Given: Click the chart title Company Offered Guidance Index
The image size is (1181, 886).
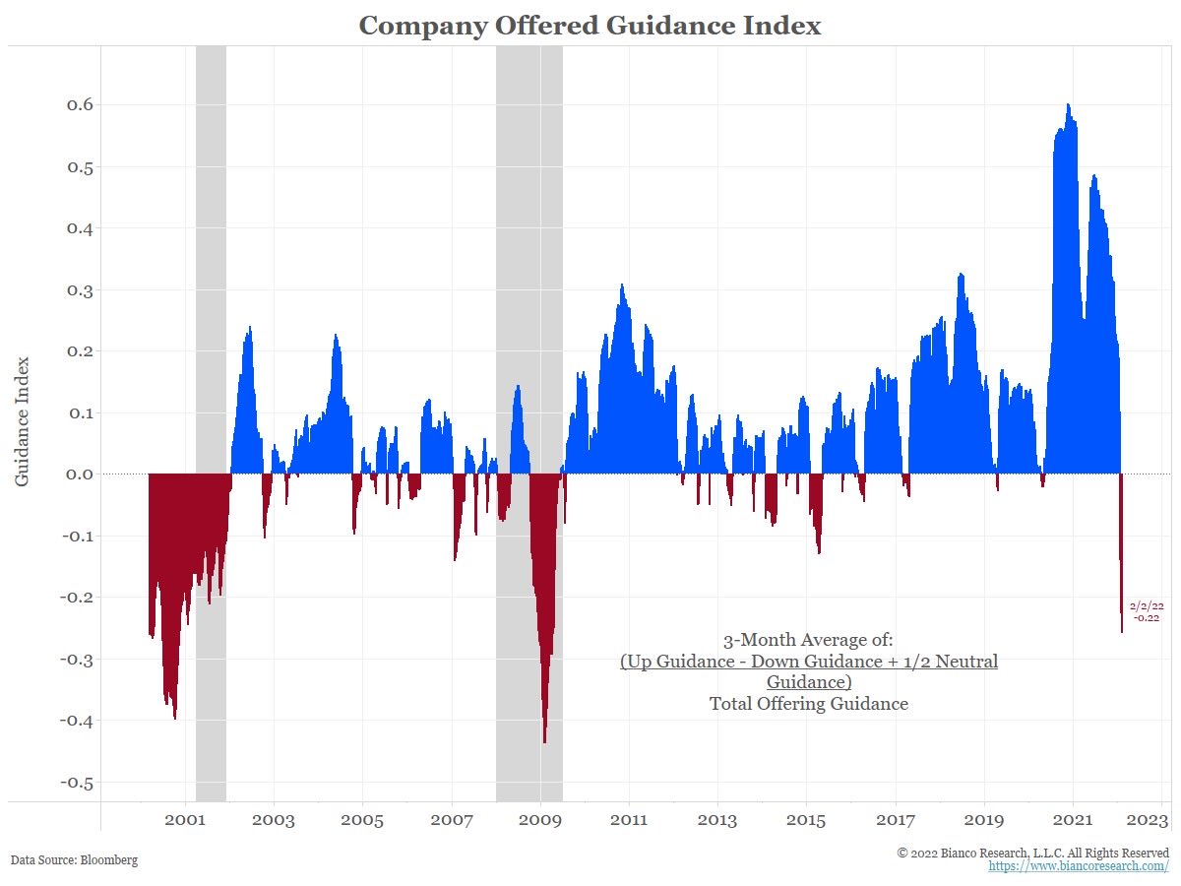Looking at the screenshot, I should coord(590,26).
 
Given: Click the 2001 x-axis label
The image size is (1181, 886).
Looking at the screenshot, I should coord(184,820).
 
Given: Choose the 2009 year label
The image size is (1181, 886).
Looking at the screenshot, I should coord(539,820).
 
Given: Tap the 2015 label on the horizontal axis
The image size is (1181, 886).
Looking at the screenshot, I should coord(806,820).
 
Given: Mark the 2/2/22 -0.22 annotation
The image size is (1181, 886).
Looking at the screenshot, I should coord(1147,611).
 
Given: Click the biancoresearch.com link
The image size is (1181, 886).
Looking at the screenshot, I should coord(1079,866).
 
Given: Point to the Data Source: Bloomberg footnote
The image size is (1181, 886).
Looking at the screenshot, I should coord(75,859).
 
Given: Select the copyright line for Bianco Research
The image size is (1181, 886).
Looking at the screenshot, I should coord(1033,853).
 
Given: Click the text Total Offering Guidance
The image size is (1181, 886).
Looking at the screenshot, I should coord(809,704).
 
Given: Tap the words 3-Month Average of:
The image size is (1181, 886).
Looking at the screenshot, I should coord(809,639).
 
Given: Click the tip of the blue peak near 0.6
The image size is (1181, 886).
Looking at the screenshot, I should coord(1068,105).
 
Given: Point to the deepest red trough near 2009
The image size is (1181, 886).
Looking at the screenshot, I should coord(544,741).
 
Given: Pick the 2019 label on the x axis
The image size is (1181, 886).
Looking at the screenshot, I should coord(984,820).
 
